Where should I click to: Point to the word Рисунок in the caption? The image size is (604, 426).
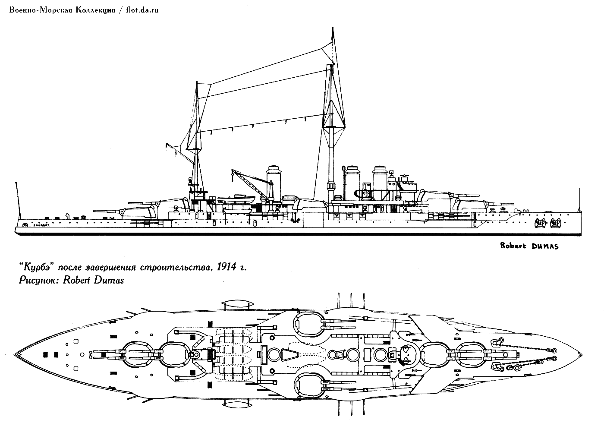39,281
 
